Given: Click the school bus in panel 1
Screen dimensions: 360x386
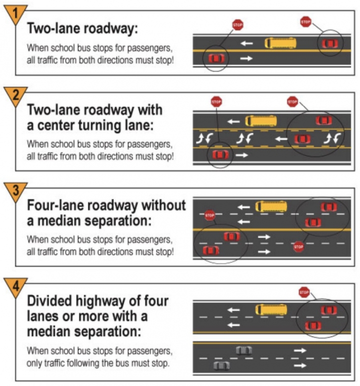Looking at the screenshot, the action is (x=280, y=43).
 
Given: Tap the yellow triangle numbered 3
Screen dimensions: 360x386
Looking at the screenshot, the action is (x=15, y=191).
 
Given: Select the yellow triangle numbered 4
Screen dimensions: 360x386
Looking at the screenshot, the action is (x=15, y=286).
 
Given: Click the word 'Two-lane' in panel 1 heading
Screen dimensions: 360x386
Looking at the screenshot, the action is (x=53, y=28).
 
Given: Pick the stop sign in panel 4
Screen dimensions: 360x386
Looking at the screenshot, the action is (x=304, y=292).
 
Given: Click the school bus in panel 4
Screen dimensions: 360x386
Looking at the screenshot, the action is (x=271, y=310).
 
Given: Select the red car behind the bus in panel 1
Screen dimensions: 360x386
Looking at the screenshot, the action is (x=330, y=44).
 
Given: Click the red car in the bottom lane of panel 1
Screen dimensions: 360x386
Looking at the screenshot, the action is (x=216, y=59).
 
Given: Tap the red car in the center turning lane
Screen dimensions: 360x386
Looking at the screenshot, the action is (x=302, y=139).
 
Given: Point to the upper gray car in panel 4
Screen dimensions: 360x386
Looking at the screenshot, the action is (x=244, y=350).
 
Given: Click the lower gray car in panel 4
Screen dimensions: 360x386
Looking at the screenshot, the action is (x=221, y=365).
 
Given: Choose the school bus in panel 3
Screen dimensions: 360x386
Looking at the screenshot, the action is (x=271, y=206).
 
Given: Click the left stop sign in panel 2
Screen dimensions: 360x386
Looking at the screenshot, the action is (x=216, y=102).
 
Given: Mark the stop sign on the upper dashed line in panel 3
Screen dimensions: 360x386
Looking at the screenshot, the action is (x=209, y=215).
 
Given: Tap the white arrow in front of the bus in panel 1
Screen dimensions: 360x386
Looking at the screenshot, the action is (x=246, y=44).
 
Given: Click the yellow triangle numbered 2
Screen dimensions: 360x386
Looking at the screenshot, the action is (x=15, y=96).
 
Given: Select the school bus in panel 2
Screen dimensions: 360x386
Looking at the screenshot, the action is (x=261, y=121).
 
